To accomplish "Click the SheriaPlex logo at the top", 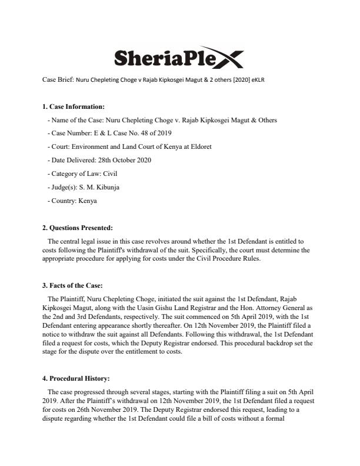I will pos(176,57).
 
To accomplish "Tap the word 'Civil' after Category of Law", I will pos(108,174).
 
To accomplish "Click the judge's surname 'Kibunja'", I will pos(107,188).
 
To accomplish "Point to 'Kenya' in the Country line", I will pos(88,201).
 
